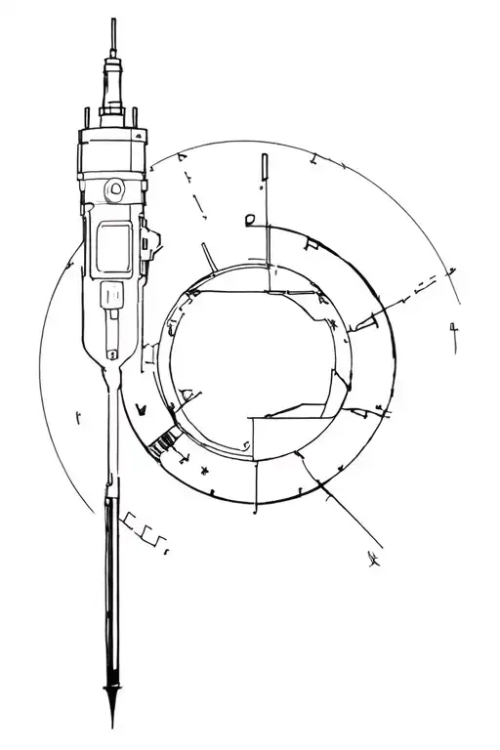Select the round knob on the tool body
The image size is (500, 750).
[116, 187]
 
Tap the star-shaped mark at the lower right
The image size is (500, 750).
[372, 560]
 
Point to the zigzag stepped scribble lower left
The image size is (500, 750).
[145, 532]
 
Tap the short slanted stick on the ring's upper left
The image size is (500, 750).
[208, 256]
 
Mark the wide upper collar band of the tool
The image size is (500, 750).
[114, 155]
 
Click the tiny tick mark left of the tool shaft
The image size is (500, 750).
[78, 417]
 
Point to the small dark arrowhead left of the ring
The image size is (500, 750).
[140, 407]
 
